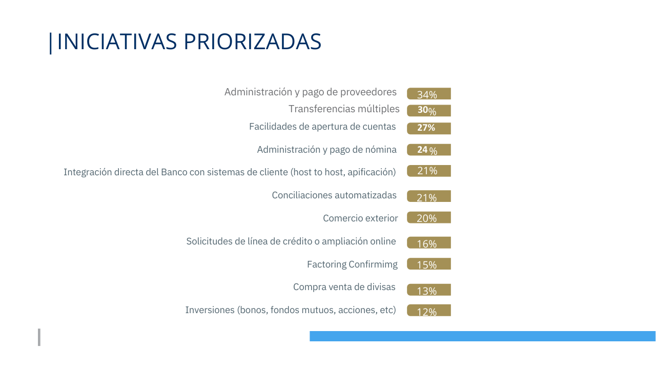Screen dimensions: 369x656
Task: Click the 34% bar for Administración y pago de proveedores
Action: [429, 94]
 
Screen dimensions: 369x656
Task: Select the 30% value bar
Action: [429, 111]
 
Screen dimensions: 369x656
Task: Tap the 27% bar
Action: [429, 128]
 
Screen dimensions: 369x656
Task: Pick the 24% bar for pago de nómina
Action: [429, 150]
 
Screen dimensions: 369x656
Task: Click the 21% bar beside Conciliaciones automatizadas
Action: [429, 196]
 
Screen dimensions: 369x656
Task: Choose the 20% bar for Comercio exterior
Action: [429, 218]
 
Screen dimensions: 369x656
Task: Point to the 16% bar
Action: [429, 243]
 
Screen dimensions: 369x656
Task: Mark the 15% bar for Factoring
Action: [429, 264]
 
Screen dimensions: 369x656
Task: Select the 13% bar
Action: [429, 290]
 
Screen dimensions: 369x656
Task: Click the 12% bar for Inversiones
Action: [429, 311]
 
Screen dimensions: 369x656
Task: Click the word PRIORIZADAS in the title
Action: [252, 42]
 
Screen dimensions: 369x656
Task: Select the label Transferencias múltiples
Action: [344, 109]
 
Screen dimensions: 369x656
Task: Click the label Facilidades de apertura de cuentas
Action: [322, 127]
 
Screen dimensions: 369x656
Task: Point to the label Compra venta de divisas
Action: [344, 287]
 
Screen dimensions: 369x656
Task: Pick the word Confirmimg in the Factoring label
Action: [373, 264]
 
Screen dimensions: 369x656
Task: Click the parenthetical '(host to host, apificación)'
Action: [343, 172]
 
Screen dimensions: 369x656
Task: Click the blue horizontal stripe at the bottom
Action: [482, 336]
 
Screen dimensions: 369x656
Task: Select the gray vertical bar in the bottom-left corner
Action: [39, 337]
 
